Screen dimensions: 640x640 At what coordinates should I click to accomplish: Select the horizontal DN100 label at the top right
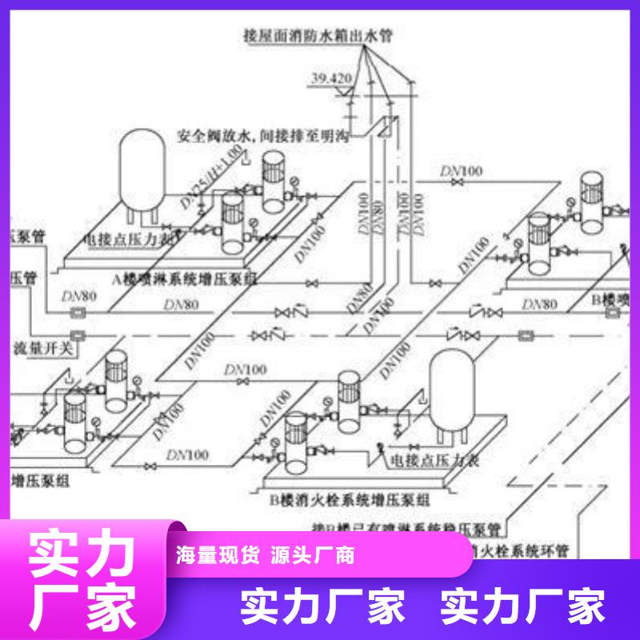(x=462, y=170)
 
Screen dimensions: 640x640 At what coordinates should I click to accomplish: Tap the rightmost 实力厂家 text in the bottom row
(x=523, y=606)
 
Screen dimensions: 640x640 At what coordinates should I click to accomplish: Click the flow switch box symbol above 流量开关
(x=78, y=334)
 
